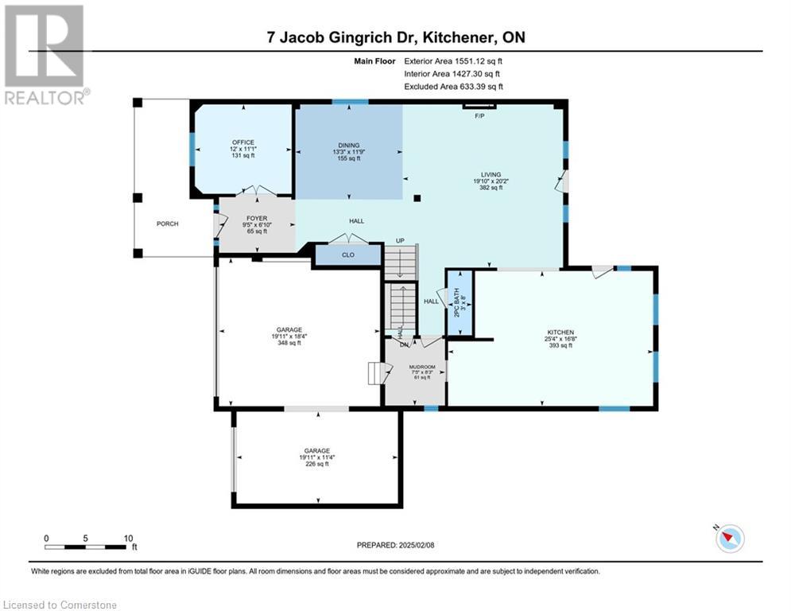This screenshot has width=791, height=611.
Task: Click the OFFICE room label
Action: [x=243, y=142]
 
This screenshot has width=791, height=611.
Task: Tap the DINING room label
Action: [x=348, y=146]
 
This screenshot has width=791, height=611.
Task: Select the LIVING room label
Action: [x=490, y=174]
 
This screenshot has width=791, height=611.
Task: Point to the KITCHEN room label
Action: [x=560, y=333]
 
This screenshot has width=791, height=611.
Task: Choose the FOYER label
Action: [x=256, y=218]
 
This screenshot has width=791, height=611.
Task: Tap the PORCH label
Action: [x=168, y=224]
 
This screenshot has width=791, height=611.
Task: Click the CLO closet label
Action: [x=347, y=255]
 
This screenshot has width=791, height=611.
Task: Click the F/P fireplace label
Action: [x=479, y=116]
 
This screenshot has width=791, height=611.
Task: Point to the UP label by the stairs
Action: [x=401, y=241]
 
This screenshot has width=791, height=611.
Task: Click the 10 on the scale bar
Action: [x=129, y=538]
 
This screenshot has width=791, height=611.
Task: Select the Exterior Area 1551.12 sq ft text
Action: [x=454, y=60]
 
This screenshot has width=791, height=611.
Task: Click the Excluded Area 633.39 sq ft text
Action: [x=454, y=87]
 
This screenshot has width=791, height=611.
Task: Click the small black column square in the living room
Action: [x=417, y=198]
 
